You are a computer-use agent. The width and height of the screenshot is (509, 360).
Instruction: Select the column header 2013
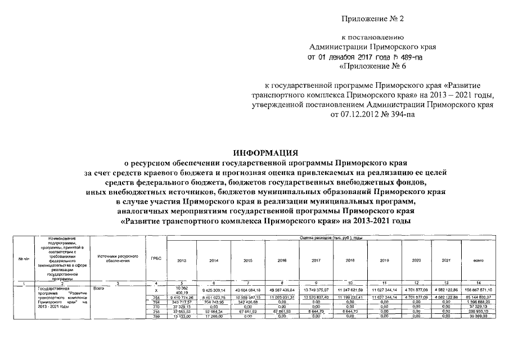182,261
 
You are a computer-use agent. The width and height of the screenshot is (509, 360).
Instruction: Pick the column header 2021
446,261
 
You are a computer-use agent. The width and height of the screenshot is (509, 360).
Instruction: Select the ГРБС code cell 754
156,297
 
